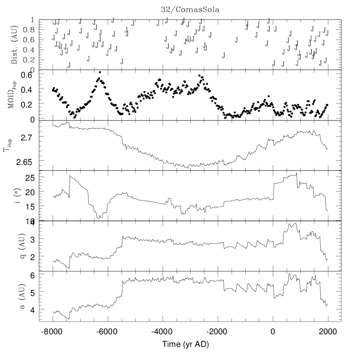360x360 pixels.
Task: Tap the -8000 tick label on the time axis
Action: [x=52, y=331]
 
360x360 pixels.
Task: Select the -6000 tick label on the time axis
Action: [x=108, y=331]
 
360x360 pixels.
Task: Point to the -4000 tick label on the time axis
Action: [x=163, y=331]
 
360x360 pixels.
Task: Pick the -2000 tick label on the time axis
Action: [x=218, y=331]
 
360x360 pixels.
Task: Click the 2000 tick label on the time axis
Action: [x=327, y=331]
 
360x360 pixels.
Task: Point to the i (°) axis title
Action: [x=14, y=196]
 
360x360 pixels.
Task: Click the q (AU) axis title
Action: [x=14, y=246]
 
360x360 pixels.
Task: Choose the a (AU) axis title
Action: [x=14, y=296]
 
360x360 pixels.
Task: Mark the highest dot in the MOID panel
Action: [x=100, y=72]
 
